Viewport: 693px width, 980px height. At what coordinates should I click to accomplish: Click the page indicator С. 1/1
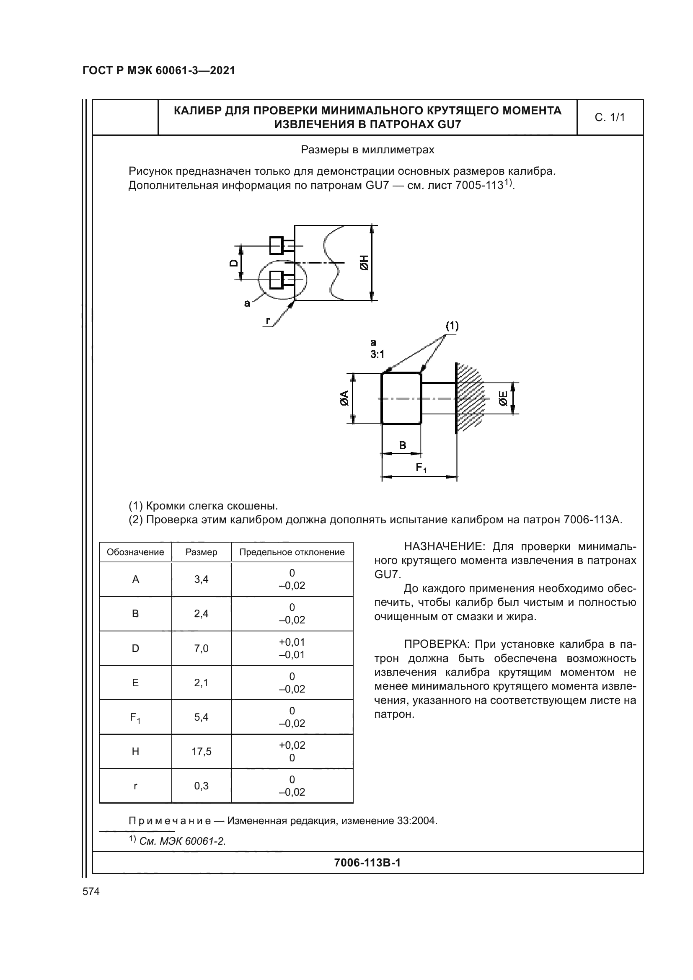(609, 117)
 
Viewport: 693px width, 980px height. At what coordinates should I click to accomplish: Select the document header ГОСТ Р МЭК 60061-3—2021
(159, 71)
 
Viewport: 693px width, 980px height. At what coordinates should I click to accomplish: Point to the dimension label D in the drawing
(234, 263)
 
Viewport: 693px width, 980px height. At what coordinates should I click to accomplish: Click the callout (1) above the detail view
(452, 326)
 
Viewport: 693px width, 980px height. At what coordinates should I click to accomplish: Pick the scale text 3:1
(377, 354)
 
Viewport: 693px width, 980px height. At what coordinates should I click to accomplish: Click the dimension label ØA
(344, 398)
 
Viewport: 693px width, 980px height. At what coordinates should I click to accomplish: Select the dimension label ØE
(503, 398)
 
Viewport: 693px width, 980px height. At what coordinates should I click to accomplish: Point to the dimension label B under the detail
(402, 445)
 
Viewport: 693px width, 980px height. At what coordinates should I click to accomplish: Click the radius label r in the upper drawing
(268, 320)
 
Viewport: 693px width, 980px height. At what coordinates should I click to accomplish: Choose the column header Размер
(201, 552)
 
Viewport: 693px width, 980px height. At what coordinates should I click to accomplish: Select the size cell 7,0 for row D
(201, 648)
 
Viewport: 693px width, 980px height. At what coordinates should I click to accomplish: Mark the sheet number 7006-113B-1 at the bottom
(367, 863)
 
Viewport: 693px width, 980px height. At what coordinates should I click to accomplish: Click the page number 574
(91, 891)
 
